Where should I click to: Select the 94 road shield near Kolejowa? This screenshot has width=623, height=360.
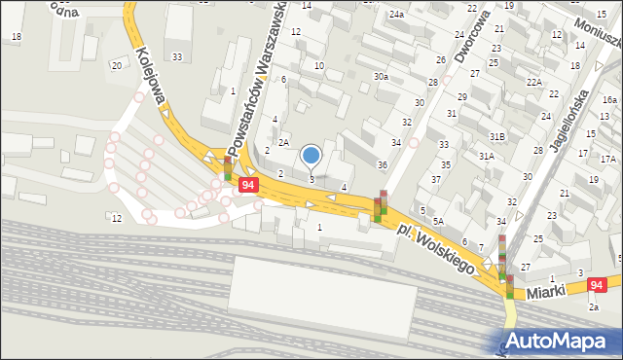248,184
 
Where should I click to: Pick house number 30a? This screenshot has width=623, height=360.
381,76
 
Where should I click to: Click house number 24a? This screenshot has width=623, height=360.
396,15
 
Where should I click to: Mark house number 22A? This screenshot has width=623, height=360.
534,82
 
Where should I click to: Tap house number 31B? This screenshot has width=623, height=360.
497,137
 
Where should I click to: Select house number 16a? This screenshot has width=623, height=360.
609,100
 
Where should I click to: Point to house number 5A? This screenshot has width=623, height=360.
439,221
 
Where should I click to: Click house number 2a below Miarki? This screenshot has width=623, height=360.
593,306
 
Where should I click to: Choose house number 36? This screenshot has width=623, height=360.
383,165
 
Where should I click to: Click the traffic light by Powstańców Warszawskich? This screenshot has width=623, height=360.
228,169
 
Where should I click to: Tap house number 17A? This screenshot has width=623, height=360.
607,159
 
